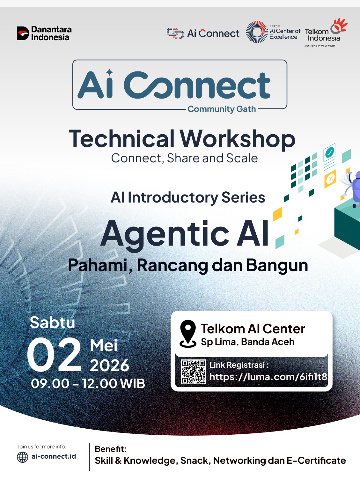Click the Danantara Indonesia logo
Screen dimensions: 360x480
click(44, 33)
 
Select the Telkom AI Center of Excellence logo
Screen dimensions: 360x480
click(273, 32)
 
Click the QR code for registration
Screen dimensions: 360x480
click(194, 372)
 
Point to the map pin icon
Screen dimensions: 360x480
click(188, 334)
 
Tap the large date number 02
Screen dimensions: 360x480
click(54, 354)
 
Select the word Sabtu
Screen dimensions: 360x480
click(53, 322)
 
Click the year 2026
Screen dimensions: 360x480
click(109, 365)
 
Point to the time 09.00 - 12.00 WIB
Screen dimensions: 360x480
click(88, 384)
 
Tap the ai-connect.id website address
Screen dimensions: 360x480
click(54, 456)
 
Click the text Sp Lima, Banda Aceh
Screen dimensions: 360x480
click(248, 342)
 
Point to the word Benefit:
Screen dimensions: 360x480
click(111, 449)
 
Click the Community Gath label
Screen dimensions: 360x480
click(222, 109)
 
